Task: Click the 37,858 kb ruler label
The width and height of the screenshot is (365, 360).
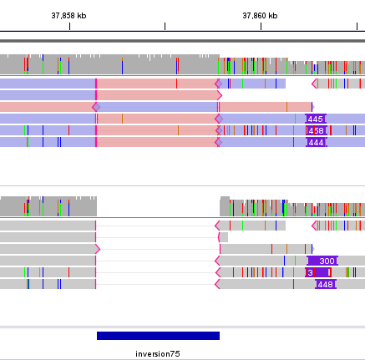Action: (68, 15)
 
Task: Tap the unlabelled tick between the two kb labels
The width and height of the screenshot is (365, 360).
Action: (165, 27)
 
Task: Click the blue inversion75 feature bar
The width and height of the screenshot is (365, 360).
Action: (158, 335)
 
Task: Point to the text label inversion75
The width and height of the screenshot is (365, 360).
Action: (158, 354)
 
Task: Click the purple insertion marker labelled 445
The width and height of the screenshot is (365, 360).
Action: (316, 119)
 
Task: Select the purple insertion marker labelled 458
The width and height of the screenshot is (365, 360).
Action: (317, 130)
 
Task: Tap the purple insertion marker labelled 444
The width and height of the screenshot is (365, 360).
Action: (316, 142)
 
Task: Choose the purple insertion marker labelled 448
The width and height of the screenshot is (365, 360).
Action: (326, 284)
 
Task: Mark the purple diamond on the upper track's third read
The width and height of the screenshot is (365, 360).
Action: (96, 107)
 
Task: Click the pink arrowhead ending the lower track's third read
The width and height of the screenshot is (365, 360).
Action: (97, 249)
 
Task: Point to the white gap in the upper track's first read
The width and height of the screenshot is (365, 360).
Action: (298, 84)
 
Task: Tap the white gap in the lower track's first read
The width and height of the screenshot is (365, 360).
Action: (298, 226)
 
